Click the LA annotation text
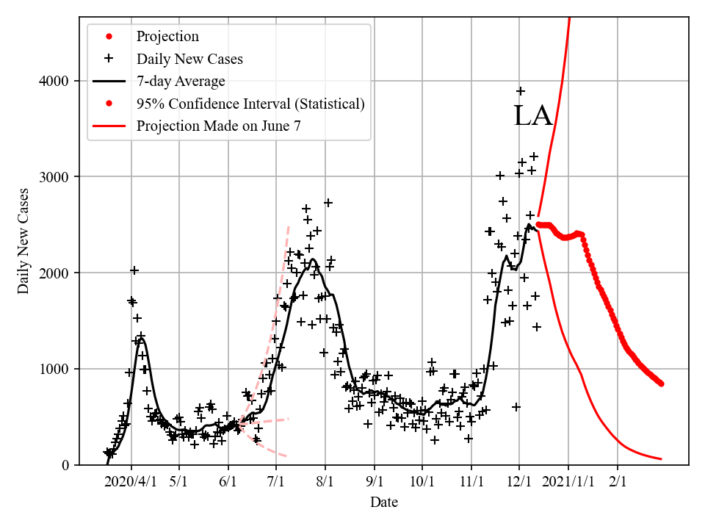coord(532,116)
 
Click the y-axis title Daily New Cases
coord(23,241)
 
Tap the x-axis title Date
coord(384,503)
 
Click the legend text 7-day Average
coord(181,81)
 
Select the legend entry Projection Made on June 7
coord(218,126)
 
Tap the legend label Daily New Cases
coord(189,59)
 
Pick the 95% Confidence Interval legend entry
coord(250,104)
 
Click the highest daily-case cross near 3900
coord(521,91)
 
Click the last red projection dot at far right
coord(661,384)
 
